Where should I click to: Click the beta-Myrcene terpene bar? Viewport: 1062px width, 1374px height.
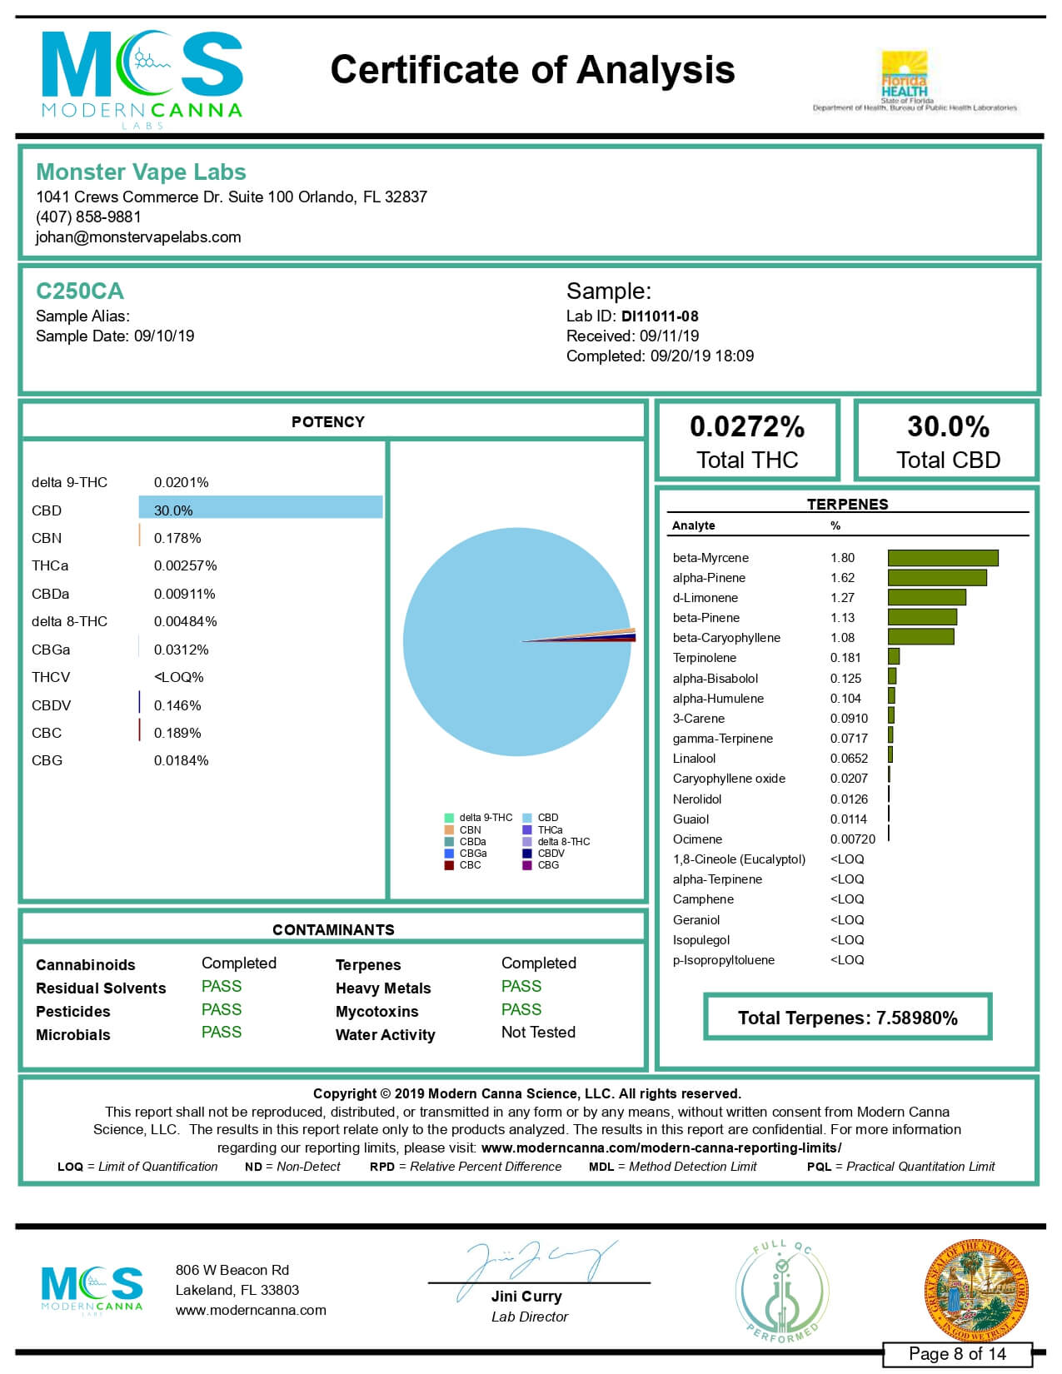942,558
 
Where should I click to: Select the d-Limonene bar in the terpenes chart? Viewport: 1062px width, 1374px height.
926,597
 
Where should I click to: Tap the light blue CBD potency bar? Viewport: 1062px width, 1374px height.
260,507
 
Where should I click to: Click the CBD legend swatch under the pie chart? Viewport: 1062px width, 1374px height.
527,818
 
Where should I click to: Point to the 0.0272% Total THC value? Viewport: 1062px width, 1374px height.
747,426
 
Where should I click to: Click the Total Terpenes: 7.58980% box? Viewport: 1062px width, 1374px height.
847,1018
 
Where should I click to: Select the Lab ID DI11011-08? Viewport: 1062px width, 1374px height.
659,316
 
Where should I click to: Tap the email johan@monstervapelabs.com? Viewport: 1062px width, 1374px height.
138,236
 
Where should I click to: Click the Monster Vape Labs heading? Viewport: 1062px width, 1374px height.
141,172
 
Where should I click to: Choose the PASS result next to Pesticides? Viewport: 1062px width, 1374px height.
222,1009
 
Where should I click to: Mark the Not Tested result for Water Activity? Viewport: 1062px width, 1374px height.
538,1033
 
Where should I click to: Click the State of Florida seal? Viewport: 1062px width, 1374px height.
976,1290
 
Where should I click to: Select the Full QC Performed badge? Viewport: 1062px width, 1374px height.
781,1291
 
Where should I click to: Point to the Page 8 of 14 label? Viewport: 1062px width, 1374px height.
957,1354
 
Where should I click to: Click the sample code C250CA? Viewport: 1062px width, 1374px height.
80,291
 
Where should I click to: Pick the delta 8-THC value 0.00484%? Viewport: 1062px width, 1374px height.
185,621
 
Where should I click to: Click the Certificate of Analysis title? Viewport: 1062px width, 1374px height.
532,70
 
